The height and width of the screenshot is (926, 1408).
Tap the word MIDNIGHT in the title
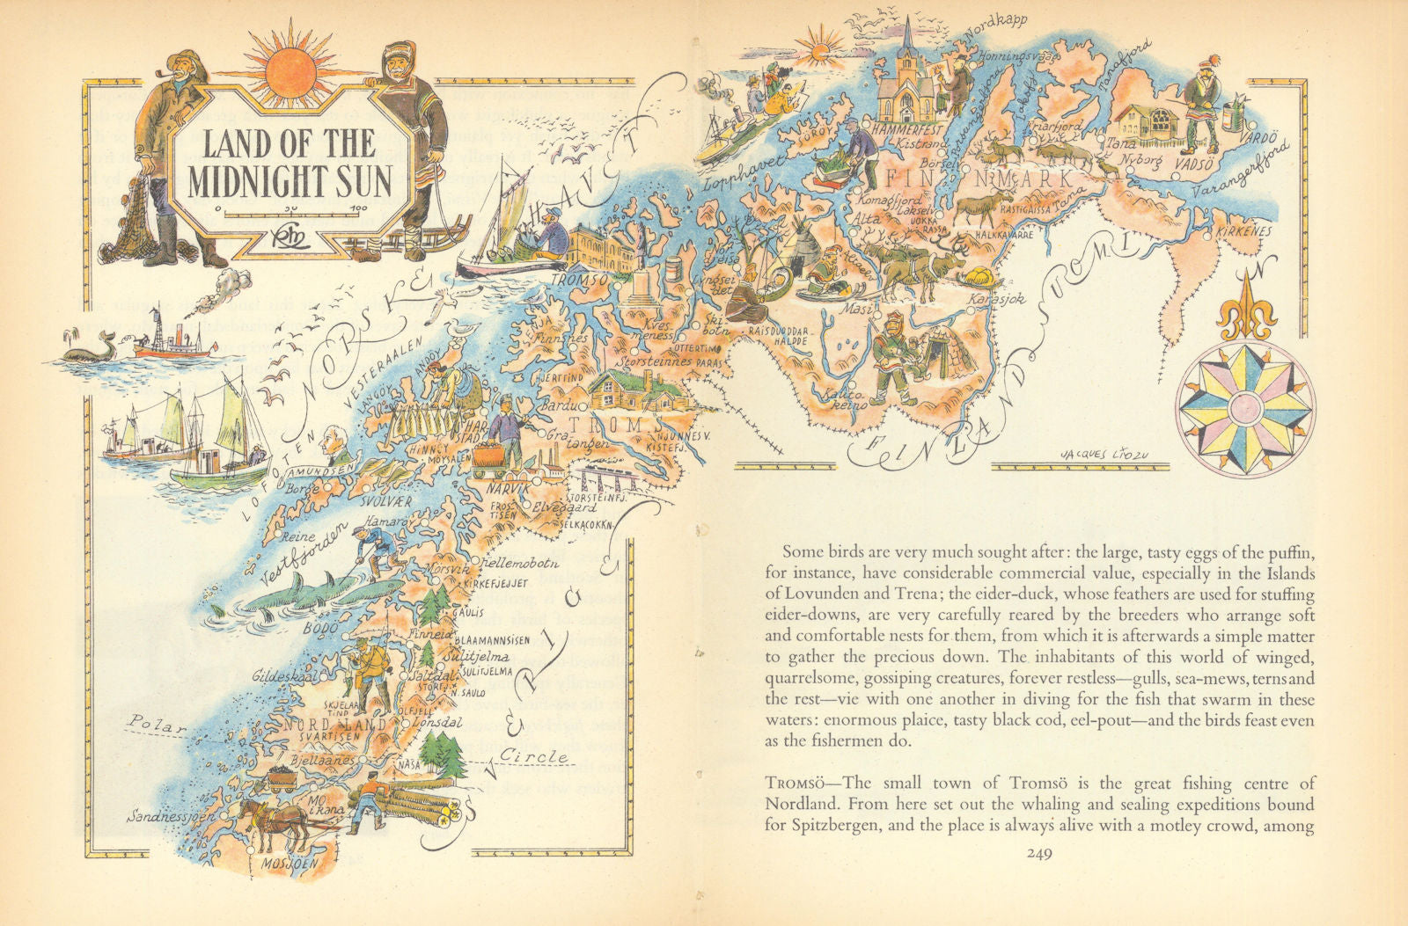[x=253, y=180]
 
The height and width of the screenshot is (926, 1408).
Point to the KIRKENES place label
[x=1243, y=230]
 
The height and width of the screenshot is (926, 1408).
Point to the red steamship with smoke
[x=174, y=339]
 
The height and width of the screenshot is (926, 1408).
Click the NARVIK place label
[x=519, y=489]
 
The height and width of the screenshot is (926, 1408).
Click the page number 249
[x=1043, y=851]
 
